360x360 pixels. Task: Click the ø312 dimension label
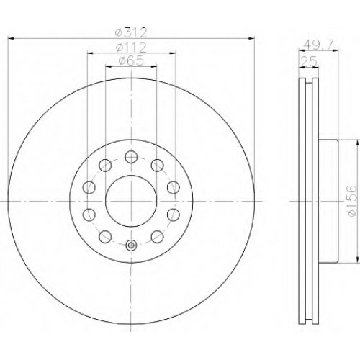131,33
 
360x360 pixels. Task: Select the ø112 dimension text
131,48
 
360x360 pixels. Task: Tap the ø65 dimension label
131,60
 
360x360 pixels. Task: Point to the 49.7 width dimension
318,45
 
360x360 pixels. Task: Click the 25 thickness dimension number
309,62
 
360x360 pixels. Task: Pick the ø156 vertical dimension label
352,201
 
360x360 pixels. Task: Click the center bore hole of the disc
131,201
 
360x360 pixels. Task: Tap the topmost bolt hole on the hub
131,157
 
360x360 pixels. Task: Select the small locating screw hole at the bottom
131,245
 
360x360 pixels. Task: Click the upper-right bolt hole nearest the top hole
157,166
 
